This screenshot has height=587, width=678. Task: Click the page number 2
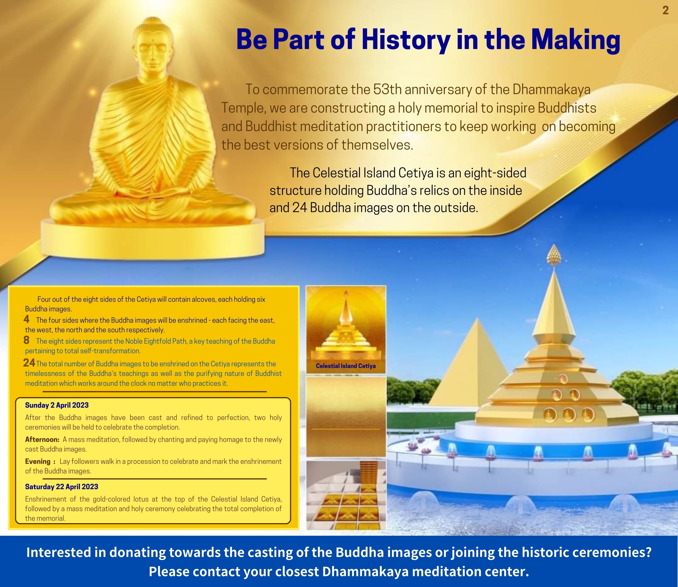coord(665,11)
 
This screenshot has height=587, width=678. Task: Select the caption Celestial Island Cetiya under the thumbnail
coord(346,366)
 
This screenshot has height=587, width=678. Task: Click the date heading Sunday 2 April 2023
coord(57,405)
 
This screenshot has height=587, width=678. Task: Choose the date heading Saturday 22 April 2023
coord(62,487)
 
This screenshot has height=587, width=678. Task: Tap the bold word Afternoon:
coord(42,440)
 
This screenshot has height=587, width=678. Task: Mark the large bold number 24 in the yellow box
coord(29,363)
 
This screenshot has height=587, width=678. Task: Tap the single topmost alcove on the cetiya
coord(563,379)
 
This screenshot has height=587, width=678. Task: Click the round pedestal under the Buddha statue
coord(152,236)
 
